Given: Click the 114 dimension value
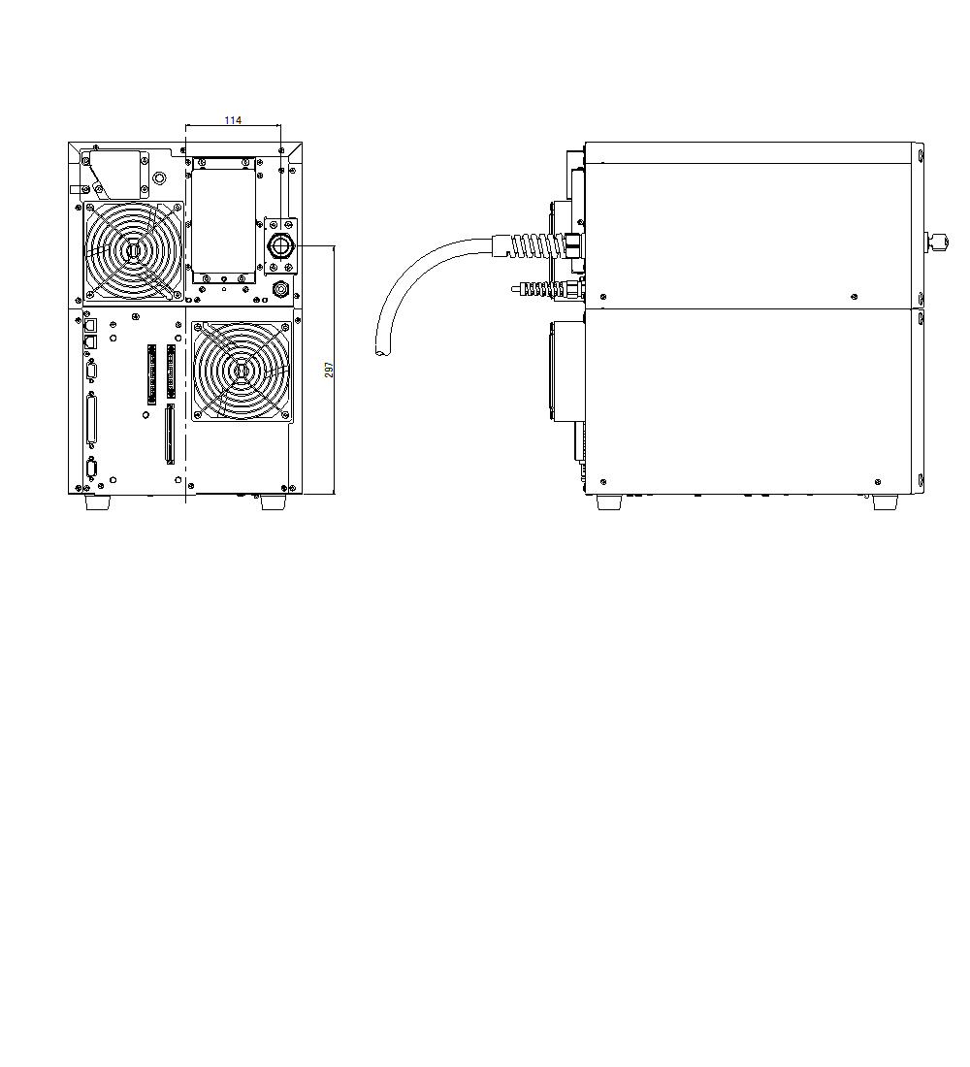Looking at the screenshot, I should coord(233,120).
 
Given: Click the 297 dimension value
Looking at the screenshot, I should coord(329,370).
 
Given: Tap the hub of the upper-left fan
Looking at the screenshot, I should coord(133,250).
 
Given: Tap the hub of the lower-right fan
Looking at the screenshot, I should coord(241,371).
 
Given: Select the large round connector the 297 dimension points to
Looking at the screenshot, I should coord(280,246).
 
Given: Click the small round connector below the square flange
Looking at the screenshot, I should coord(281,288).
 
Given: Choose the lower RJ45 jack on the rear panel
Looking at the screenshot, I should coord(90,341).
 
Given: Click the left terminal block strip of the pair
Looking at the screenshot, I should coord(151,373).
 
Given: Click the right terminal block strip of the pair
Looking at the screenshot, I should coord(172,371).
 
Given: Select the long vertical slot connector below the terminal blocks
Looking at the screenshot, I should coord(170,435).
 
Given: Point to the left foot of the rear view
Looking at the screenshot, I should coord(97,502).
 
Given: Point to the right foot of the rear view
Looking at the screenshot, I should coord(273,502).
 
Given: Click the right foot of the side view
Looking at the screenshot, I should coord(885,502).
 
